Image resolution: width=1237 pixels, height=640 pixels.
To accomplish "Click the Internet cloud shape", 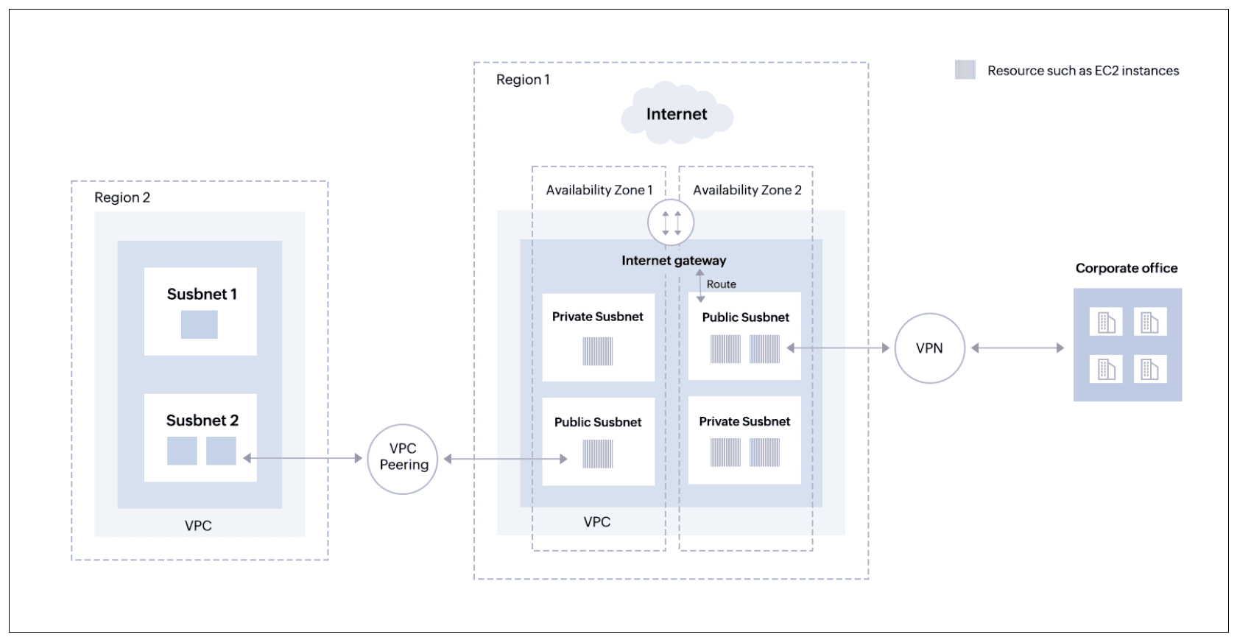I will tap(677, 114).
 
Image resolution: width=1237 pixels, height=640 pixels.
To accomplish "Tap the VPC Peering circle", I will tap(403, 458).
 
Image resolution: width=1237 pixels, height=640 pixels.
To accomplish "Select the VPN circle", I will tap(929, 348).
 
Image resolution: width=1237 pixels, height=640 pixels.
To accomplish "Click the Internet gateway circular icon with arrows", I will tap(671, 222).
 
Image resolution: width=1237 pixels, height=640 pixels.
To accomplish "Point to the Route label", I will tap(721, 284).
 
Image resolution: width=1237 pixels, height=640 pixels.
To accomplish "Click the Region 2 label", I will tap(122, 197).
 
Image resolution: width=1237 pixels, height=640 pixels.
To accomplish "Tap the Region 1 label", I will tap(523, 80).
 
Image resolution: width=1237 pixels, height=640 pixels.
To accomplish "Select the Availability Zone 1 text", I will tap(599, 190).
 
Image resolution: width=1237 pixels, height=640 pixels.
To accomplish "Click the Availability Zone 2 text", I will tap(747, 190).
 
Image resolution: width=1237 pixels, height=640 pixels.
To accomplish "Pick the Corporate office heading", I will tap(1126, 268).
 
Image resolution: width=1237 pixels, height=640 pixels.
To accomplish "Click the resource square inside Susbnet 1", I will tap(200, 324).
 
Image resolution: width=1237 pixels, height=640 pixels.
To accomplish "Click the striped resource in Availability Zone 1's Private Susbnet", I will tap(597, 351).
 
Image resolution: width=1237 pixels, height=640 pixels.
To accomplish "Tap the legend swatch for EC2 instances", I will tap(965, 70).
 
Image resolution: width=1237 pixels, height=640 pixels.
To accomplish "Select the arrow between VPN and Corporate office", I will tap(1017, 348).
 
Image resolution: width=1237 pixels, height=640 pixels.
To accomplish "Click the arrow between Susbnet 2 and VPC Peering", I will tap(303, 458).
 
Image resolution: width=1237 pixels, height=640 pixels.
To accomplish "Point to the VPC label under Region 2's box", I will tap(198, 526).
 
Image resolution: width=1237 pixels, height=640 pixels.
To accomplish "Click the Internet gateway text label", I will tap(673, 261).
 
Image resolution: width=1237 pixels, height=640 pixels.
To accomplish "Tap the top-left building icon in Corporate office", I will tap(1106, 322).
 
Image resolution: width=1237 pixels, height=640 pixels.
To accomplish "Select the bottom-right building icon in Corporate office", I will tap(1149, 369).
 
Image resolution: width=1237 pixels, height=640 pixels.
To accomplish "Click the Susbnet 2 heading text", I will tap(202, 421).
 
